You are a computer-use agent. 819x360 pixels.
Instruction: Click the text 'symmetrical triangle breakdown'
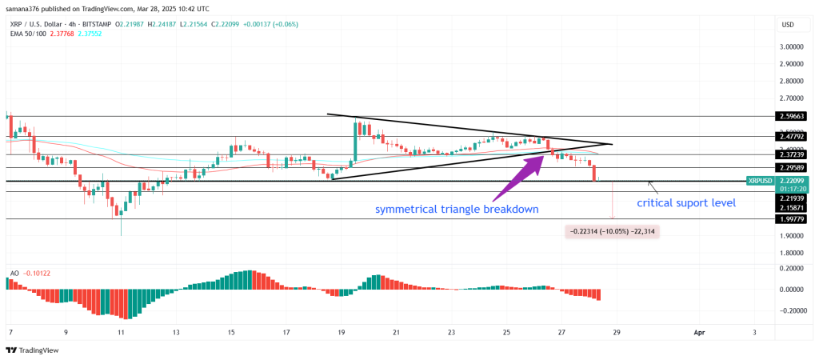click(x=457, y=210)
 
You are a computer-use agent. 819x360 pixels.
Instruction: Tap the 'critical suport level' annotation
click(x=685, y=203)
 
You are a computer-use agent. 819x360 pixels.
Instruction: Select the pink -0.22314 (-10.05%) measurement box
click(x=613, y=231)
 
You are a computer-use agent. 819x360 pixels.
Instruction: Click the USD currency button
click(x=787, y=25)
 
